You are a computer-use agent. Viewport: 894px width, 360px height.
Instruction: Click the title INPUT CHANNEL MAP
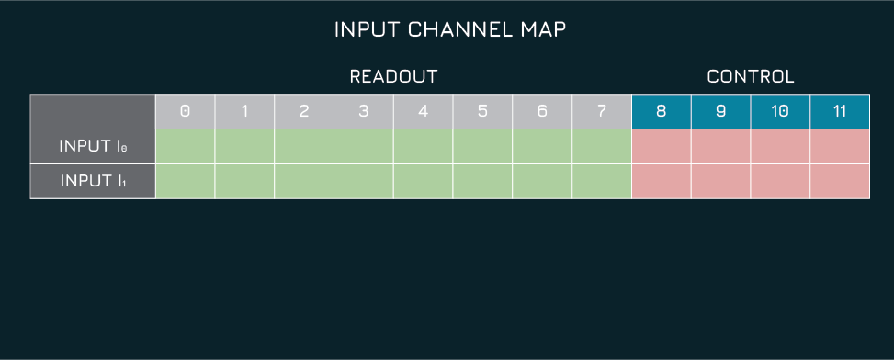(x=449, y=29)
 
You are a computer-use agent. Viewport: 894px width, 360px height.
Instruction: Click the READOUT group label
(x=393, y=77)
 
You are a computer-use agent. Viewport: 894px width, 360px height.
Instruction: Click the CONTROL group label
(x=750, y=77)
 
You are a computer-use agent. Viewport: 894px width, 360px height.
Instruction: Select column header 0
(x=185, y=111)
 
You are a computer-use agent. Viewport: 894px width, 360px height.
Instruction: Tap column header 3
(x=364, y=111)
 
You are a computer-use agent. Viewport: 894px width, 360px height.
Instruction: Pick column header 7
(x=602, y=111)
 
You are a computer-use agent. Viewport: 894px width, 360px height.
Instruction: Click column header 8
(x=662, y=111)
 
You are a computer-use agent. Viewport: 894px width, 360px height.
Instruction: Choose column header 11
(x=840, y=111)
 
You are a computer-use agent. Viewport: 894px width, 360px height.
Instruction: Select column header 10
(x=780, y=111)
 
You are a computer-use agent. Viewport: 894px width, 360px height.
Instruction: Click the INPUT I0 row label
(x=93, y=146)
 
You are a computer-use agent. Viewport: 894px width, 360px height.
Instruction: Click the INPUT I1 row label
(x=93, y=181)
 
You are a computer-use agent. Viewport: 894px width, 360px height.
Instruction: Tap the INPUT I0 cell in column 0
(x=185, y=146)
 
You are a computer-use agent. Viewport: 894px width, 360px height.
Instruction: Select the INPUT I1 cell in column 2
(x=304, y=181)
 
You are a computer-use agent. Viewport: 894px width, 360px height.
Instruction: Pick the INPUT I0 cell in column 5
(x=482, y=146)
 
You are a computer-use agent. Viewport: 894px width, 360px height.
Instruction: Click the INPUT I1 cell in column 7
(x=602, y=181)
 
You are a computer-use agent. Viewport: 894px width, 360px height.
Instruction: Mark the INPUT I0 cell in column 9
(x=720, y=146)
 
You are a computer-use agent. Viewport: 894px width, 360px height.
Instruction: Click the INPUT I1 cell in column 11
(x=840, y=181)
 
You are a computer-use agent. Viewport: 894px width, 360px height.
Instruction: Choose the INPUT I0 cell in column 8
(x=662, y=146)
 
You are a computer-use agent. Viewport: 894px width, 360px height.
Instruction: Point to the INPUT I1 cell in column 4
(x=423, y=181)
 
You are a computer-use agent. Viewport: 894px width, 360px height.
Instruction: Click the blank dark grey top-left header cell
(x=93, y=111)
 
